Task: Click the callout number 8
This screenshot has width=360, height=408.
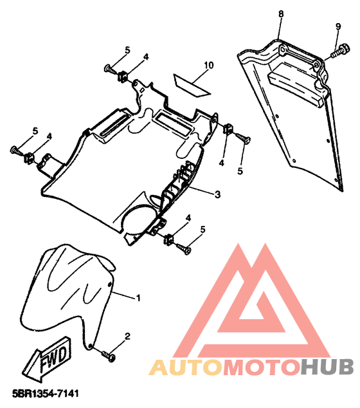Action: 281,14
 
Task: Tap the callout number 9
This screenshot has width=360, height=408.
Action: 338,26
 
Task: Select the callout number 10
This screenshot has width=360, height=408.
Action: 209,65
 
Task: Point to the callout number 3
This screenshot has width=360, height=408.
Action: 217,194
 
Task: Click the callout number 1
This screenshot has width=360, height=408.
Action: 138,298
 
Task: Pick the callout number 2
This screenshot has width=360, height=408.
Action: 127,337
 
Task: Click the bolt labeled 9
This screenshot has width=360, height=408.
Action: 341,51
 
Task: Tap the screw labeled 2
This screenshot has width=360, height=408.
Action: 109,356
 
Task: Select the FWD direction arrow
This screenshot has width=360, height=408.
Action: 47,358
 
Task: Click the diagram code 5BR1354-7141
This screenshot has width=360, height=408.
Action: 45,393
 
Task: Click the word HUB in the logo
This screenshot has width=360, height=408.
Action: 327,367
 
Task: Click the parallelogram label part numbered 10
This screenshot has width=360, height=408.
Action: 192,85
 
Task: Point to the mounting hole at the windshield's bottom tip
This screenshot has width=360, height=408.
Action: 90,346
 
